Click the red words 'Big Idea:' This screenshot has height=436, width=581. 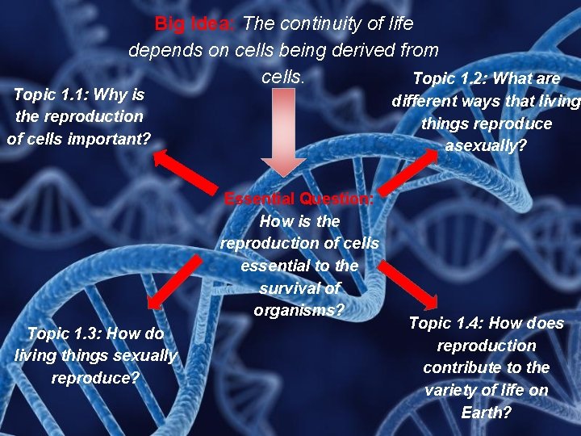tap(194, 24)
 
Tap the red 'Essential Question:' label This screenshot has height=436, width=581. tap(299, 199)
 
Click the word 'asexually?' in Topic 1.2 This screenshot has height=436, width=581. tap(485, 146)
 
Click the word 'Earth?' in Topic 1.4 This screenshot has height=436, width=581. tap(486, 412)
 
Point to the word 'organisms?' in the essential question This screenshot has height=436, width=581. tap(299, 310)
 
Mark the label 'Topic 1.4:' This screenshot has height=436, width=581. tap(444, 324)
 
